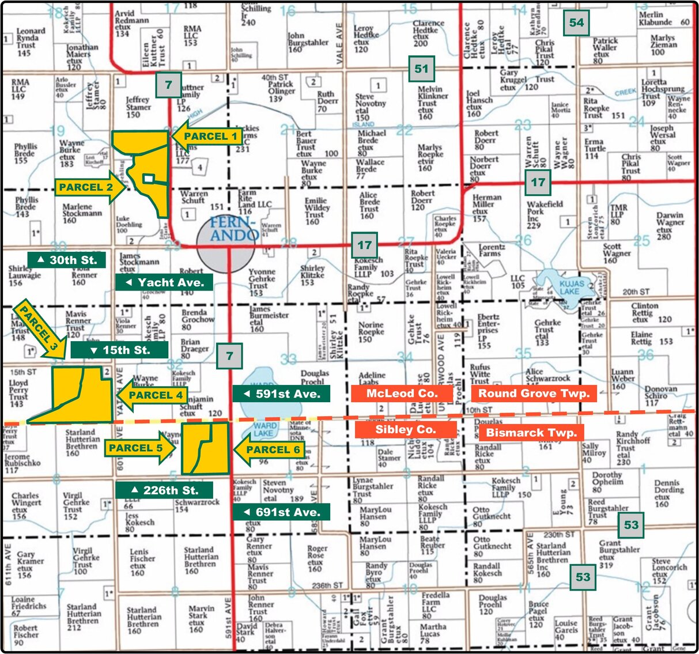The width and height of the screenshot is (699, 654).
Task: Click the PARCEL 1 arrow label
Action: tap(207, 137)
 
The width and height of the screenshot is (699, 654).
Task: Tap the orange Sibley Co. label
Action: tap(406, 430)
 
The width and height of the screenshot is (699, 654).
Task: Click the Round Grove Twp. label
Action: tap(534, 394)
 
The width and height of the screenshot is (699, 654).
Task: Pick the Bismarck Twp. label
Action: tap(531, 433)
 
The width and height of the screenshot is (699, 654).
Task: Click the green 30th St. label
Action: tap(67, 260)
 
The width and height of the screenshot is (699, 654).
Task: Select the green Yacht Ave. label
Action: tap(164, 282)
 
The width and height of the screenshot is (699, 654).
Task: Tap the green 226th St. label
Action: tap(164, 490)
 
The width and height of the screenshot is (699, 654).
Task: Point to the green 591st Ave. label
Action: tap(281, 394)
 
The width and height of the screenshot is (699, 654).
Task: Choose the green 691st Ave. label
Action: tap(281, 512)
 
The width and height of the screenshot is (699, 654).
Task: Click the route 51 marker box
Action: tap(421, 69)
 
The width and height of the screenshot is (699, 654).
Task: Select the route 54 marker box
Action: tap(576, 23)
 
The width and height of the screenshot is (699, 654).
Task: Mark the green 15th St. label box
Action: tap(120, 350)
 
